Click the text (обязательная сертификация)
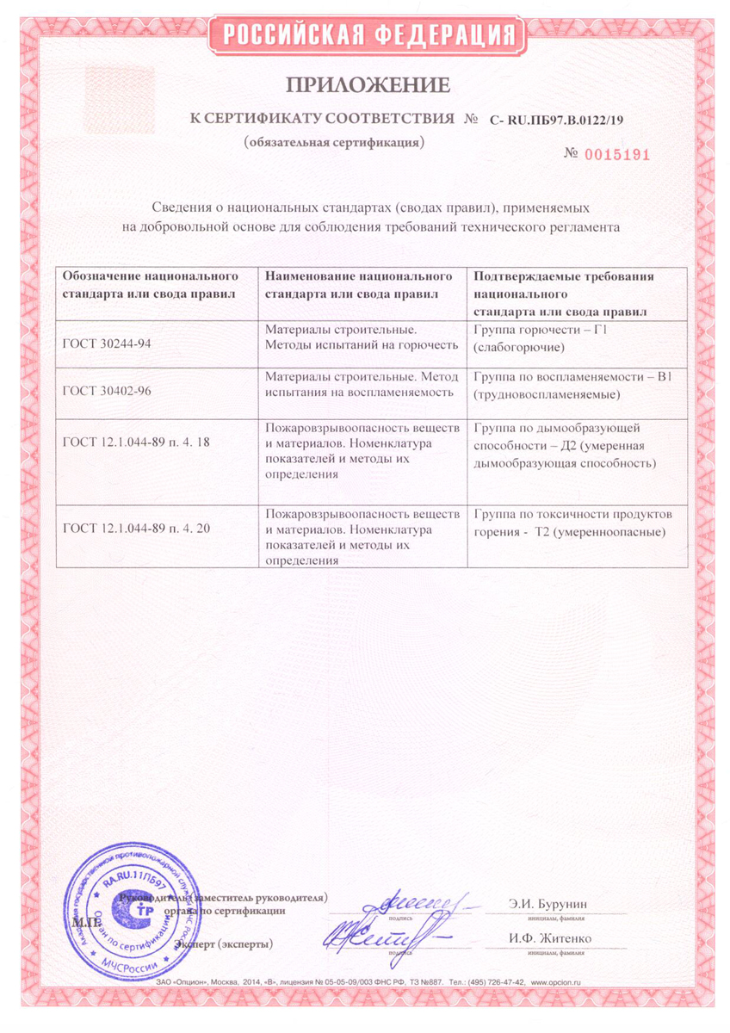point(334,140)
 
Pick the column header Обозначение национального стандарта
point(151,285)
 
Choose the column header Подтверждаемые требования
point(564,293)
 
